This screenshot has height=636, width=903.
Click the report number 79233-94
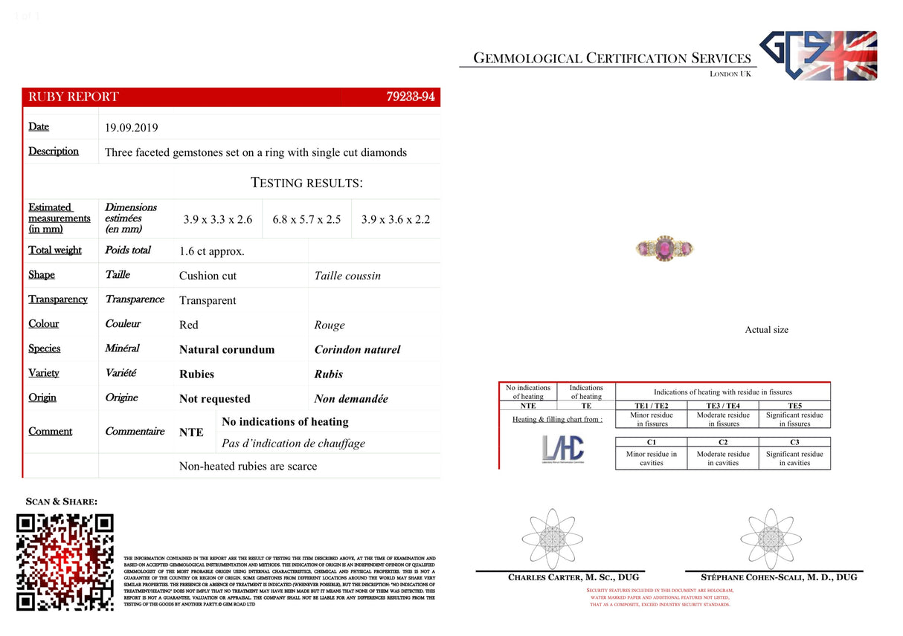pyautogui.click(x=411, y=97)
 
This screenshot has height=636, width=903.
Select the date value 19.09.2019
pyautogui.click(x=132, y=128)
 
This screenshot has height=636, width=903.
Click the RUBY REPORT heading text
pyautogui.click(x=74, y=97)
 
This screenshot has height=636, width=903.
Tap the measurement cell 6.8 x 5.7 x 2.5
pyautogui.click(x=306, y=220)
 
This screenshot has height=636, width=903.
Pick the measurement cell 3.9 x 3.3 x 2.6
pyautogui.click(x=218, y=220)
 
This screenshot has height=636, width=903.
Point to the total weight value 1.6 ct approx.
pyautogui.click(x=211, y=251)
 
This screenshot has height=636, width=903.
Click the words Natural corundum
pyautogui.click(x=227, y=349)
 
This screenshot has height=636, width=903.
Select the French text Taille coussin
pyautogui.click(x=347, y=276)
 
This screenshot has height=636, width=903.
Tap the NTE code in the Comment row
pyautogui.click(x=191, y=432)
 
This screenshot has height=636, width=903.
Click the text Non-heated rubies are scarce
pyautogui.click(x=248, y=467)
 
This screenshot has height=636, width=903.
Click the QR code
pyautogui.click(x=65, y=562)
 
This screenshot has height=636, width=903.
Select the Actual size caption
pyautogui.click(x=766, y=330)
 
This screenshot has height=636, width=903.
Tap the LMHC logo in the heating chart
pyautogui.click(x=563, y=449)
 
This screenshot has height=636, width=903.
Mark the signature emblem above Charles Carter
pyautogui.click(x=550, y=539)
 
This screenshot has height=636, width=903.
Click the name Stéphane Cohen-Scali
pyautogui.click(x=779, y=577)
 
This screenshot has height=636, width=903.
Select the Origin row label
pyautogui.click(x=42, y=397)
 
